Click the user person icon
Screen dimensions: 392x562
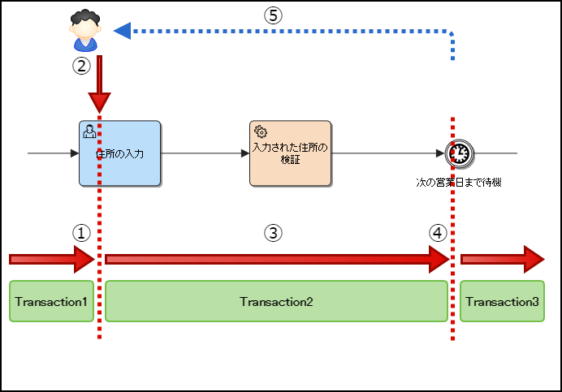(x=84, y=31)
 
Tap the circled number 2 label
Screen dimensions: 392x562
(x=80, y=67)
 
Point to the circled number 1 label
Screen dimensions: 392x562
(x=80, y=232)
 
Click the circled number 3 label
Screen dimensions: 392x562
(x=274, y=232)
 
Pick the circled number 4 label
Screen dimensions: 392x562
(x=438, y=232)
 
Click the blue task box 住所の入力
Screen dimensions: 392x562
(x=119, y=153)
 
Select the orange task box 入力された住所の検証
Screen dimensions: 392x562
(x=290, y=153)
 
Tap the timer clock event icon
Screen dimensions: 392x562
(x=459, y=153)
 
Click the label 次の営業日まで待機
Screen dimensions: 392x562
(x=459, y=183)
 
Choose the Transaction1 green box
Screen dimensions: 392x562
(x=52, y=302)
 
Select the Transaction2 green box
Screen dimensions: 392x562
(x=276, y=302)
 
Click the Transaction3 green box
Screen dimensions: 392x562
(x=502, y=302)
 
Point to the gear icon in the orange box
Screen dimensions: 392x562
(x=260, y=131)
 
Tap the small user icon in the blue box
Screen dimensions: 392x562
(x=89, y=131)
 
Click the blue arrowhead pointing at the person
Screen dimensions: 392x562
(x=123, y=31)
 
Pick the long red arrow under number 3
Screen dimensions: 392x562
(x=276, y=259)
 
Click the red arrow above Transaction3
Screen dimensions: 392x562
(x=502, y=259)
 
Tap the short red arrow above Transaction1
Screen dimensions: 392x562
(x=52, y=259)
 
